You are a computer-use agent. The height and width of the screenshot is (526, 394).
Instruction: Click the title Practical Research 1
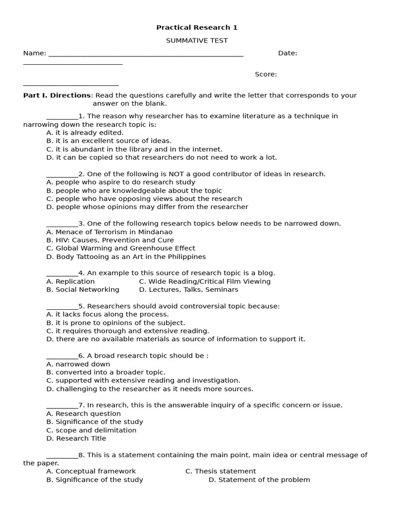(197, 28)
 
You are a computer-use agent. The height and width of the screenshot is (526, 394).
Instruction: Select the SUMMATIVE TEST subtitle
(197, 41)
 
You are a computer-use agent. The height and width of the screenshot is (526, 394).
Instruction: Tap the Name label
(34, 53)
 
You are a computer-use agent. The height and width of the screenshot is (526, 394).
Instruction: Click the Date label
(287, 53)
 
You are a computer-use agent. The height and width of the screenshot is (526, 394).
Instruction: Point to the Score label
(266, 74)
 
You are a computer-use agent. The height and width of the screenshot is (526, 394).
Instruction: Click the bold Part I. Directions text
(57, 96)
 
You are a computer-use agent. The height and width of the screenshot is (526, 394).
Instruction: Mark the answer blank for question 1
(62, 117)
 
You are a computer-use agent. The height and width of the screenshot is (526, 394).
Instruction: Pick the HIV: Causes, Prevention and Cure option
(110, 240)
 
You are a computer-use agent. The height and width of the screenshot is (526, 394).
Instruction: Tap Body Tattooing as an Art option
(126, 257)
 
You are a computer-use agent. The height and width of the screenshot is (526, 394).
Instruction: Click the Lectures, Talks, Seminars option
(188, 290)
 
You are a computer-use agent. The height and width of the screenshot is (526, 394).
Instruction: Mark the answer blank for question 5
(62, 307)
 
